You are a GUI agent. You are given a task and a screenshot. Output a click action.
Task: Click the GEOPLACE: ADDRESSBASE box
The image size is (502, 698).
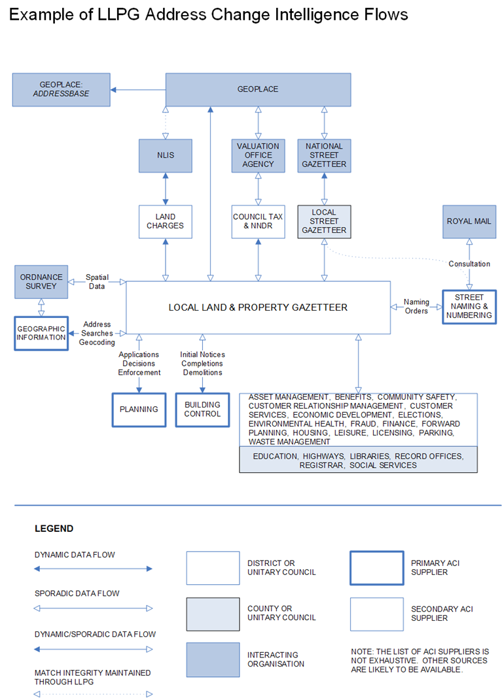click(x=61, y=90)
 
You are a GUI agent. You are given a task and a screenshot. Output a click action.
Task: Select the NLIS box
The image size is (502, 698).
click(x=166, y=155)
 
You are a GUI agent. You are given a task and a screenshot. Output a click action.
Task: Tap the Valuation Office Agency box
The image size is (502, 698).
click(x=258, y=155)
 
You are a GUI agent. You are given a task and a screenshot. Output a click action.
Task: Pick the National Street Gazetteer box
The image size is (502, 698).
click(x=324, y=155)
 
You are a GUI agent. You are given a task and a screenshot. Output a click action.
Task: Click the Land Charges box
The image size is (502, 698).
click(x=166, y=221)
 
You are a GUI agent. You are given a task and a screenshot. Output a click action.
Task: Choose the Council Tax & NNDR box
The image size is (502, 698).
click(x=258, y=221)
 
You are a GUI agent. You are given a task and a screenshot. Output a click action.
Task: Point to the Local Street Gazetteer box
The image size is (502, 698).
click(x=324, y=221)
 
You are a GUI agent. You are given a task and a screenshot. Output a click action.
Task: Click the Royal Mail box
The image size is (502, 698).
click(x=469, y=221)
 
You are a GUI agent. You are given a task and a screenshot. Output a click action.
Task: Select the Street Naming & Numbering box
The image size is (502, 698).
click(x=469, y=306)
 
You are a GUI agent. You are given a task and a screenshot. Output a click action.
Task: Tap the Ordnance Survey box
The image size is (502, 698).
click(x=42, y=281)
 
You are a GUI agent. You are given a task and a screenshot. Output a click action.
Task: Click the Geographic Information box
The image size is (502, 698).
click(x=42, y=333)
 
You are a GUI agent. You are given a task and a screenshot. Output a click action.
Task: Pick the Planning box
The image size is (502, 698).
click(x=139, y=410)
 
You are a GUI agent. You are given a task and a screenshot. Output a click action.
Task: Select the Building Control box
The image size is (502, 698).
click(x=202, y=410)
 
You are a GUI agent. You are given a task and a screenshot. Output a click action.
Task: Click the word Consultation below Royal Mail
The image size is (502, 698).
click(x=469, y=264)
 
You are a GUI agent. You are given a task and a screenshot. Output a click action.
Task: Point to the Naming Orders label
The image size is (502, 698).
click(x=416, y=306)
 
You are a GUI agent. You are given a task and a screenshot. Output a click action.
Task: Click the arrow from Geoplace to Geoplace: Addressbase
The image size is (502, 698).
click(x=137, y=90)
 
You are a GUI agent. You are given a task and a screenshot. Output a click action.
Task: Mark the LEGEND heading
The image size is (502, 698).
click(x=54, y=528)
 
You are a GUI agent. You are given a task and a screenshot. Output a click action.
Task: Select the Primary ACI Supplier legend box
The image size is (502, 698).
click(x=377, y=567)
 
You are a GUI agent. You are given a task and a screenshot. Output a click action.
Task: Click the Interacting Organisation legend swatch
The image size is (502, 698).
click(x=213, y=659)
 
